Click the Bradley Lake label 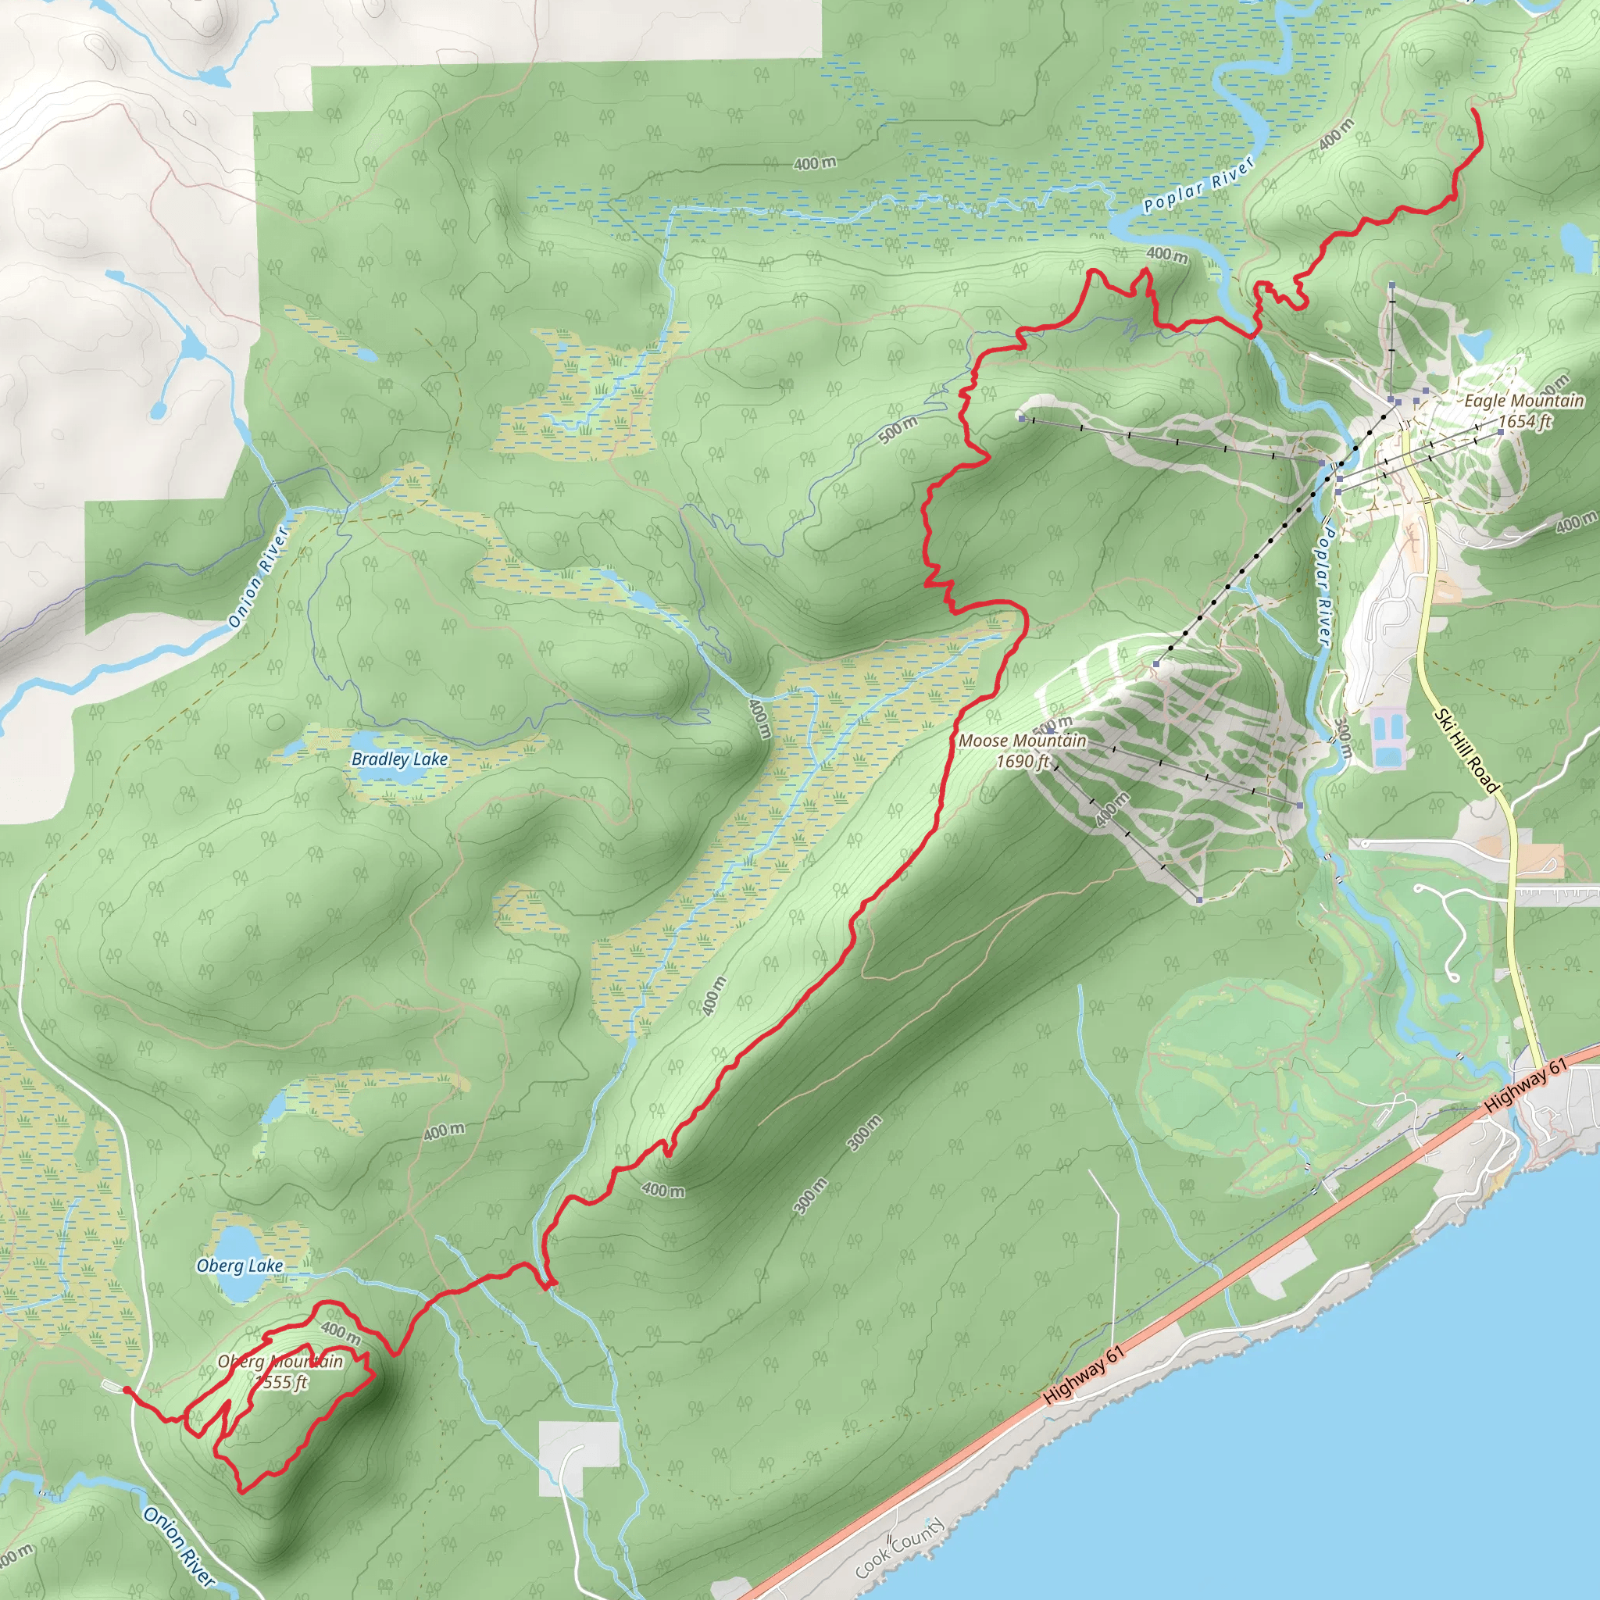click(399, 759)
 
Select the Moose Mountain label click(1022, 741)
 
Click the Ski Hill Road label click(1467, 751)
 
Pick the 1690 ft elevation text click(1023, 761)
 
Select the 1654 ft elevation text click(1525, 421)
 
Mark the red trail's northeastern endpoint click(1474, 109)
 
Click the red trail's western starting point click(126, 1389)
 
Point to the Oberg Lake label click(239, 1266)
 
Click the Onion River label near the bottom click(179, 1546)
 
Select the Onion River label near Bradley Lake click(258, 577)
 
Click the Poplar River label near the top click(1198, 184)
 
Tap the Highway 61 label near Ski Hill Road click(1526, 1085)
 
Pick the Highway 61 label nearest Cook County click(1084, 1374)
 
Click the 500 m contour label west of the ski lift click(898, 429)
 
